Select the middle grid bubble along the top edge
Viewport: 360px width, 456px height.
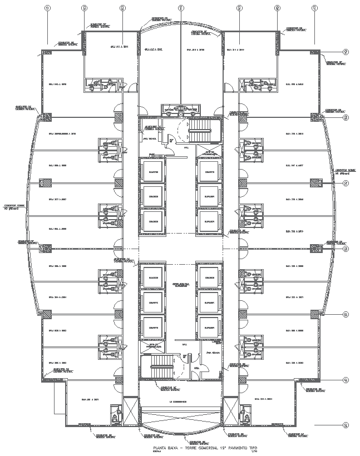tap(181, 8)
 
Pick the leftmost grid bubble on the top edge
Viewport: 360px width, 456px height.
tap(47, 8)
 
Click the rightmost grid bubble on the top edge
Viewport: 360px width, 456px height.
tap(315, 8)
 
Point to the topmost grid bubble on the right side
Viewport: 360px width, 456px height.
tap(346, 52)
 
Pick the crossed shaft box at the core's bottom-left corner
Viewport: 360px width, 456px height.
tap(129, 411)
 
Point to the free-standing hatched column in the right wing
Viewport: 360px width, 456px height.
tap(314, 182)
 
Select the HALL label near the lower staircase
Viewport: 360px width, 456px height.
tap(185, 345)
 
